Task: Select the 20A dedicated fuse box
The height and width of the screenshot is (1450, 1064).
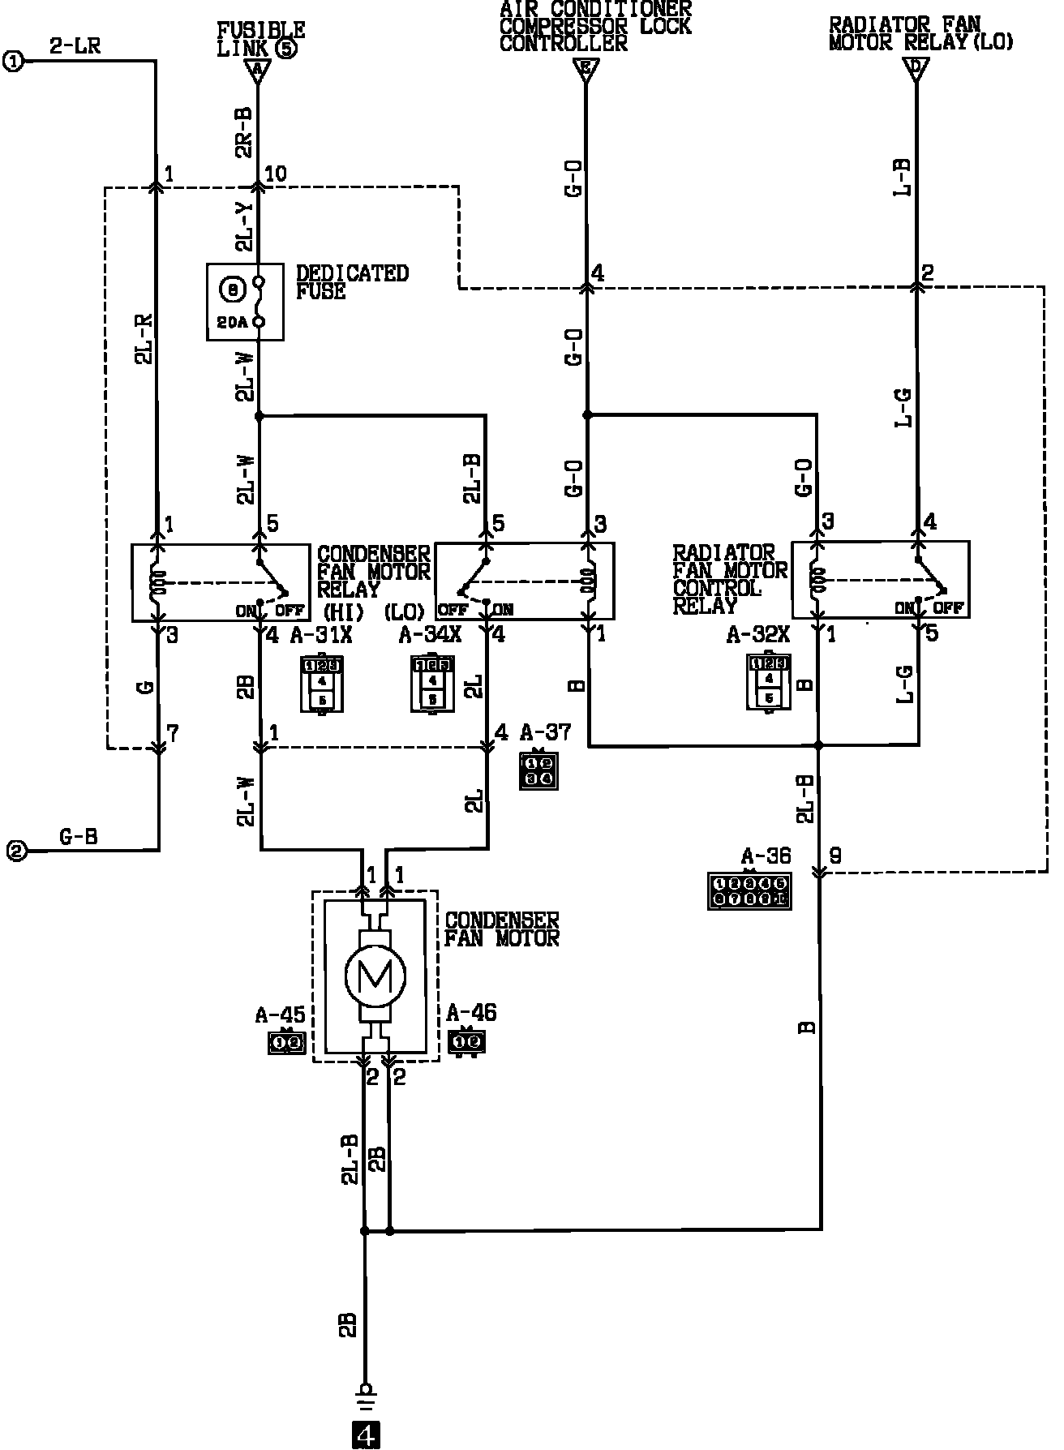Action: [245, 301]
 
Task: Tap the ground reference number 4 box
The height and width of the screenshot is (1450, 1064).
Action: [366, 1435]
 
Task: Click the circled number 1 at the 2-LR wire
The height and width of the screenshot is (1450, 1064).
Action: [13, 60]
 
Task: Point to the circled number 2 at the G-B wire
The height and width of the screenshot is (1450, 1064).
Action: [15, 851]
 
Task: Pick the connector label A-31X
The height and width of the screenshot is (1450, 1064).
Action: [321, 635]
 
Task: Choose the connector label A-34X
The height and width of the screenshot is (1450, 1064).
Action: [430, 635]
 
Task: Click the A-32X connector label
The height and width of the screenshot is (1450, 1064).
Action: [757, 635]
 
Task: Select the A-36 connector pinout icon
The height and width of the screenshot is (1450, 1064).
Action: [749, 890]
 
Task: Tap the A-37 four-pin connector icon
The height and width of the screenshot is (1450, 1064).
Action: [538, 771]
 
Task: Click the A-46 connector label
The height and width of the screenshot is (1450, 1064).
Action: [471, 1013]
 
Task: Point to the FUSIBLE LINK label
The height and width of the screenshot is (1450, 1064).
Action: [260, 39]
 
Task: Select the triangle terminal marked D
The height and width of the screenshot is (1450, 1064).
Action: [916, 71]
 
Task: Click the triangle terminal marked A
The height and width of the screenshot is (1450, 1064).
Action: [257, 71]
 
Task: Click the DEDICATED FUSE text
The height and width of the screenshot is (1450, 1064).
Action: [352, 281]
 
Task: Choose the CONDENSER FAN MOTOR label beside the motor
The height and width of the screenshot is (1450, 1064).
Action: [502, 929]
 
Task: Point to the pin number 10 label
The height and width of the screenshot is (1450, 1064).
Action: [275, 174]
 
